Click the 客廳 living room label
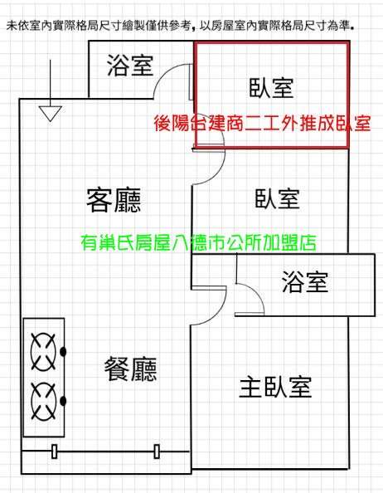tap(114, 200)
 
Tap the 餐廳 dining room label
tap(130, 369)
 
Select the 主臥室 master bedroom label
tap(275, 387)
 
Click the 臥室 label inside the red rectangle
tap(271, 88)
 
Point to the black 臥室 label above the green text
tap(277, 198)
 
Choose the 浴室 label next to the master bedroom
tap(305, 281)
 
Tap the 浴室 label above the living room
tap(130, 65)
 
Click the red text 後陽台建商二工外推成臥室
tap(263, 123)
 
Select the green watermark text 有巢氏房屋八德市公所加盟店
tap(198, 242)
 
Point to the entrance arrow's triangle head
tap(51, 114)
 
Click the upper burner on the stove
tap(44, 352)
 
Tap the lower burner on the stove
tap(44, 401)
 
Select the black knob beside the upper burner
tap(63, 352)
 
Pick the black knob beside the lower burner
tap(63, 401)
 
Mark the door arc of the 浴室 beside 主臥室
tap(256, 293)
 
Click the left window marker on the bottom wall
tap(55, 452)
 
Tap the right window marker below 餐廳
tap(157, 452)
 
